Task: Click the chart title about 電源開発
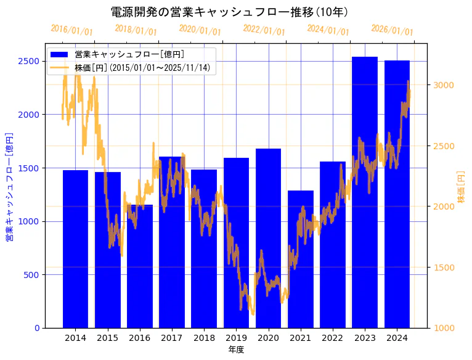[229, 12]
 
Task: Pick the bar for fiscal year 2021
[301, 259]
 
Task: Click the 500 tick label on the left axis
[31, 275]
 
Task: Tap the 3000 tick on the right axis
[443, 85]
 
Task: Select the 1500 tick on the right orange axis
[443, 268]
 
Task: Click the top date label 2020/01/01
[200, 30]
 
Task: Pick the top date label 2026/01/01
[392, 30]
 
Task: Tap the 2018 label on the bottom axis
[204, 338]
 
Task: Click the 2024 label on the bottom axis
[397, 338]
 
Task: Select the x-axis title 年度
[236, 350]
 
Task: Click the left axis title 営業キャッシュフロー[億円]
[9, 186]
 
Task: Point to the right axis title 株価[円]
[462, 186]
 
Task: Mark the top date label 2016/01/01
[71, 30]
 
